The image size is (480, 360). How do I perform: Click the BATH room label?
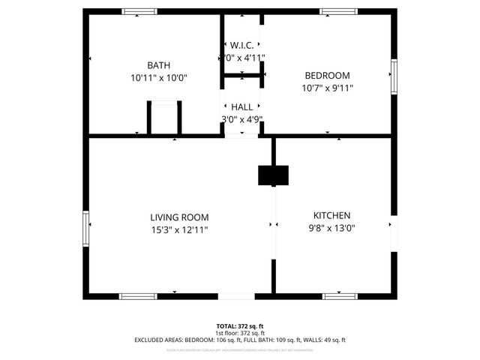[x=158, y=65]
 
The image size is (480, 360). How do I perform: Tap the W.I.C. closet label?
[x=242, y=45]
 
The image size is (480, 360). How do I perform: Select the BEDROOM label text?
[x=327, y=75]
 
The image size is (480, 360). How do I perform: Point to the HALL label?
[x=241, y=107]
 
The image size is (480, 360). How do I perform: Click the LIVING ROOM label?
[x=179, y=217]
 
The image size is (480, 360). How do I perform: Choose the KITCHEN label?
[x=331, y=215]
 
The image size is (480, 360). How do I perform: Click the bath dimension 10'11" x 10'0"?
[x=158, y=77]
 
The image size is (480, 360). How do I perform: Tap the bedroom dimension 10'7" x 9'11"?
[x=327, y=87]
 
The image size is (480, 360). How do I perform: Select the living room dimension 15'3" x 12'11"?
[x=179, y=229]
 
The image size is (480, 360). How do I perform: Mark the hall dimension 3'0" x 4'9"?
[x=241, y=119]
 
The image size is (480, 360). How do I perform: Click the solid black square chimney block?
[x=273, y=175]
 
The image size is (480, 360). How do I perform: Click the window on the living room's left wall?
[x=86, y=228]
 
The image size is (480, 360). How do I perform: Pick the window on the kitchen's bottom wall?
[x=342, y=296]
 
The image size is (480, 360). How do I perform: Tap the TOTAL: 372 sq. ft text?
[x=240, y=326]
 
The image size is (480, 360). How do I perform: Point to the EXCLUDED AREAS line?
[x=240, y=340]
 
